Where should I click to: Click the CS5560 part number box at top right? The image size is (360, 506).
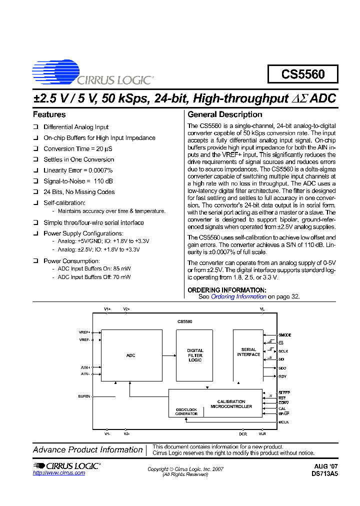click(x=302, y=74)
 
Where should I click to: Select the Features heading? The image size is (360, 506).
click(x=49, y=114)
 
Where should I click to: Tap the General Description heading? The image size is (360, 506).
click(x=224, y=114)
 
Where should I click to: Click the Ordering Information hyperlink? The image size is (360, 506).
click(x=238, y=296)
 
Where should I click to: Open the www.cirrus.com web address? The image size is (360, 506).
click(x=59, y=472)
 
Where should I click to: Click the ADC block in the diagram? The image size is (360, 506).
click(x=131, y=355)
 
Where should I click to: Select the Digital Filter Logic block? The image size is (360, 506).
click(x=195, y=355)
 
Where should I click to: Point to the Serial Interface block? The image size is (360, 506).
click(x=248, y=352)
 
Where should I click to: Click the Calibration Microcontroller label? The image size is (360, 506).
click(x=231, y=404)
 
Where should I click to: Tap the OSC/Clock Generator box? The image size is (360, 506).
click(x=186, y=411)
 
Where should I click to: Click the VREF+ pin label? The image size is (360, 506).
click(x=84, y=332)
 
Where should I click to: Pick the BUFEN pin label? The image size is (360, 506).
click(x=84, y=396)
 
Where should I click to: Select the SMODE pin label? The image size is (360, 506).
click(x=285, y=335)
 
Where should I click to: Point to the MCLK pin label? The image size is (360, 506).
click(x=283, y=422)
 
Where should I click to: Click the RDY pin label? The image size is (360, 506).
click(x=282, y=376)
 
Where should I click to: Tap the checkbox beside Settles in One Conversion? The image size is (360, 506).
click(x=35, y=160)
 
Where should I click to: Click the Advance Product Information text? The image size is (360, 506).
click(x=88, y=449)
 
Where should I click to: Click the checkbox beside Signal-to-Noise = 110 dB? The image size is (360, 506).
click(x=35, y=181)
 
